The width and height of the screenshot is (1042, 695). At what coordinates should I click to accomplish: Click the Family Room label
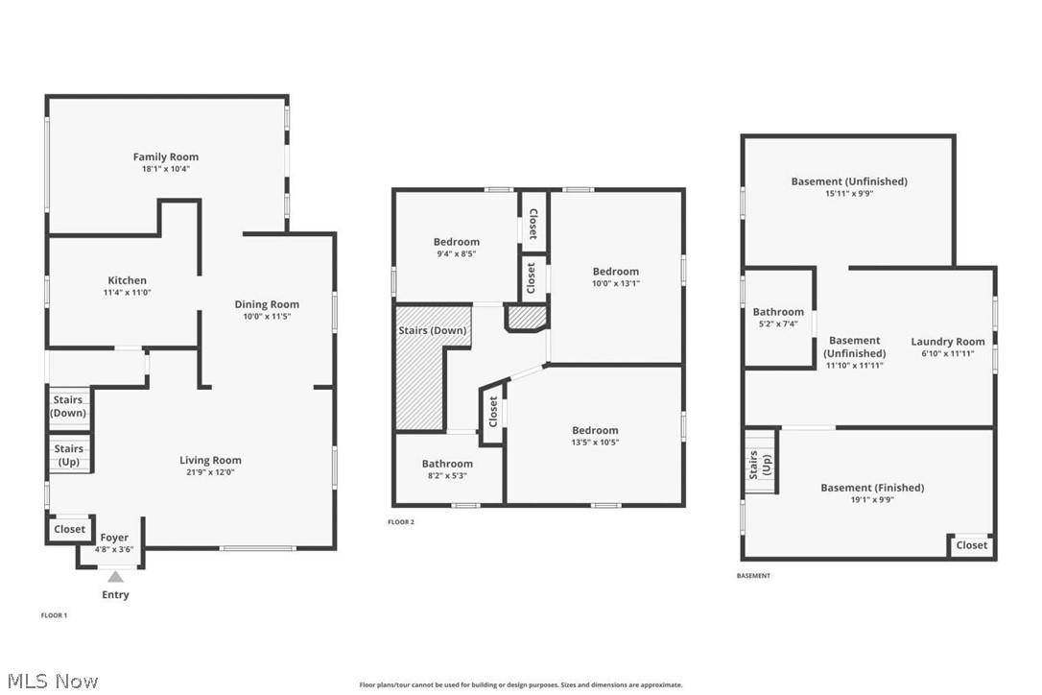tap(165, 156)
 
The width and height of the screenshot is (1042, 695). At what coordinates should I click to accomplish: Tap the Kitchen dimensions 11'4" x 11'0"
tap(127, 292)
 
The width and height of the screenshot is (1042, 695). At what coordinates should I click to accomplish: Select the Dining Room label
tap(267, 304)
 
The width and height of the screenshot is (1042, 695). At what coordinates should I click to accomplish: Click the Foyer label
tap(114, 538)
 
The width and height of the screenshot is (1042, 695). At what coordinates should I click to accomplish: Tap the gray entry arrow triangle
tap(115, 576)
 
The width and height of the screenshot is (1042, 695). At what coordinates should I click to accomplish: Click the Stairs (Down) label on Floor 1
tap(68, 406)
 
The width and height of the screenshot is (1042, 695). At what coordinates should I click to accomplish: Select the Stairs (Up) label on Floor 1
tap(68, 454)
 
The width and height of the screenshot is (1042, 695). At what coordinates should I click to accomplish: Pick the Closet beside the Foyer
tap(69, 529)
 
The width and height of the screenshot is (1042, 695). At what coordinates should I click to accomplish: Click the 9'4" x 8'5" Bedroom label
tap(456, 242)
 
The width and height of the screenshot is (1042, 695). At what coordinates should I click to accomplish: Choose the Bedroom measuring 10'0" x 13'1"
tap(615, 272)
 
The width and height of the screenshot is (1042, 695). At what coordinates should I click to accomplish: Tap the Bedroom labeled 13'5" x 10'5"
tap(595, 430)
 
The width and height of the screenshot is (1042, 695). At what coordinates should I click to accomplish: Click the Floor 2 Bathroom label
tap(447, 464)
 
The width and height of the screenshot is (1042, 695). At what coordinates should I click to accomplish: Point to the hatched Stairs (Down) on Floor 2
tap(432, 331)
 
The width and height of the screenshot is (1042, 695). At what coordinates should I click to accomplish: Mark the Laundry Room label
tap(947, 342)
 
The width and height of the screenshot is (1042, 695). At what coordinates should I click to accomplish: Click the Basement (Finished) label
tap(872, 488)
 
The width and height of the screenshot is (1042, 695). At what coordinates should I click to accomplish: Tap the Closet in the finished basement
tap(971, 545)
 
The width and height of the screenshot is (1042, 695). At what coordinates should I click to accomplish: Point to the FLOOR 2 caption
tap(401, 522)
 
